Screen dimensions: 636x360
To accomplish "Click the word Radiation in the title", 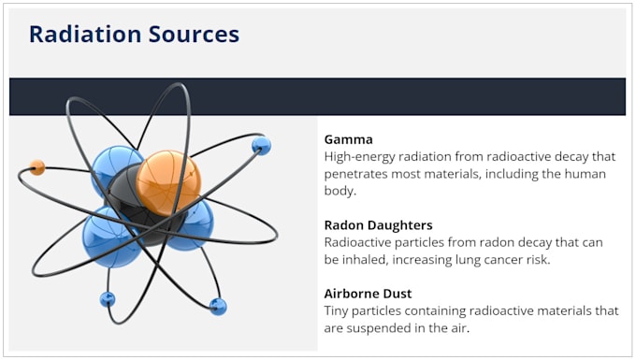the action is click(x=85, y=34).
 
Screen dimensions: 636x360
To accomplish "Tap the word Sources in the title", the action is click(x=194, y=34).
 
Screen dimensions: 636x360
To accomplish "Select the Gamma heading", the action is click(x=349, y=139).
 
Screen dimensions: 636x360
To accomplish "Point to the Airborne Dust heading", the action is click(x=368, y=294).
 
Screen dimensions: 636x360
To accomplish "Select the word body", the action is click(x=340, y=191).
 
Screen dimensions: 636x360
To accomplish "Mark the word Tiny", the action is click(x=337, y=311).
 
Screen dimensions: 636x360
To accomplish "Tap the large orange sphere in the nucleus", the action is click(x=168, y=182).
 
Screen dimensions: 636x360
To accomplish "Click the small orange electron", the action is click(x=37, y=167).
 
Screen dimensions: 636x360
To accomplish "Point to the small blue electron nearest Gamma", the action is click(x=261, y=146).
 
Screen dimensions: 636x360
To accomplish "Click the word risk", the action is click(x=538, y=259).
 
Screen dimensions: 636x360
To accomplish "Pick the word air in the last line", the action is click(x=460, y=328).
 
